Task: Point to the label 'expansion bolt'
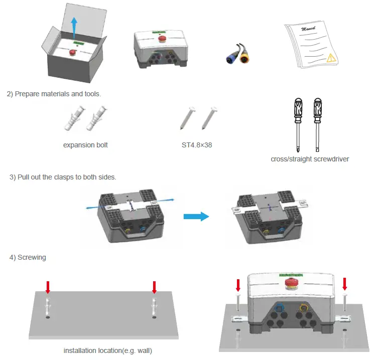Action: (85, 145)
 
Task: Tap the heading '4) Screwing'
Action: (28, 258)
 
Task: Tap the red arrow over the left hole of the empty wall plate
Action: (48, 287)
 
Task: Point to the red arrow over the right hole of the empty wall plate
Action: (154, 287)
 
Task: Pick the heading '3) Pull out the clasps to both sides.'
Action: (63, 178)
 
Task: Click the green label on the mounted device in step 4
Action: (290, 275)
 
